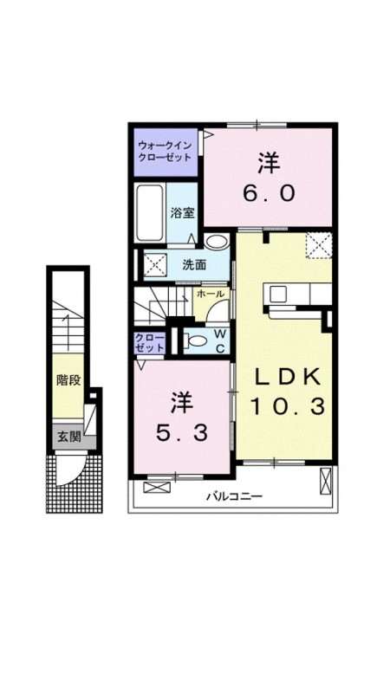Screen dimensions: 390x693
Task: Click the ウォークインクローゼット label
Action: (x=165, y=150)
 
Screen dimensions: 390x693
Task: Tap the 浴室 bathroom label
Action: (x=182, y=212)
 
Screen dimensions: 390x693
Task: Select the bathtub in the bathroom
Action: (x=149, y=212)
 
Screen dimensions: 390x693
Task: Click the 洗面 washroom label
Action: (x=195, y=265)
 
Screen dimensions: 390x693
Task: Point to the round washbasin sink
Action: (x=217, y=241)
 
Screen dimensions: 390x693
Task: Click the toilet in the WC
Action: (x=195, y=340)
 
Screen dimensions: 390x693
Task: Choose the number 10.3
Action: (x=288, y=405)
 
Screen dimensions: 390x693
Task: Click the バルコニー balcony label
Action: (x=235, y=496)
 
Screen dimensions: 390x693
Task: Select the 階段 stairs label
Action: (x=68, y=380)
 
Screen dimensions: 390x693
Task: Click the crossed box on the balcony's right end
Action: (x=326, y=482)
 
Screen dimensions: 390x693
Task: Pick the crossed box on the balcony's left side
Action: (x=157, y=488)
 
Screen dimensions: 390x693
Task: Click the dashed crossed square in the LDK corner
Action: (x=320, y=245)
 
